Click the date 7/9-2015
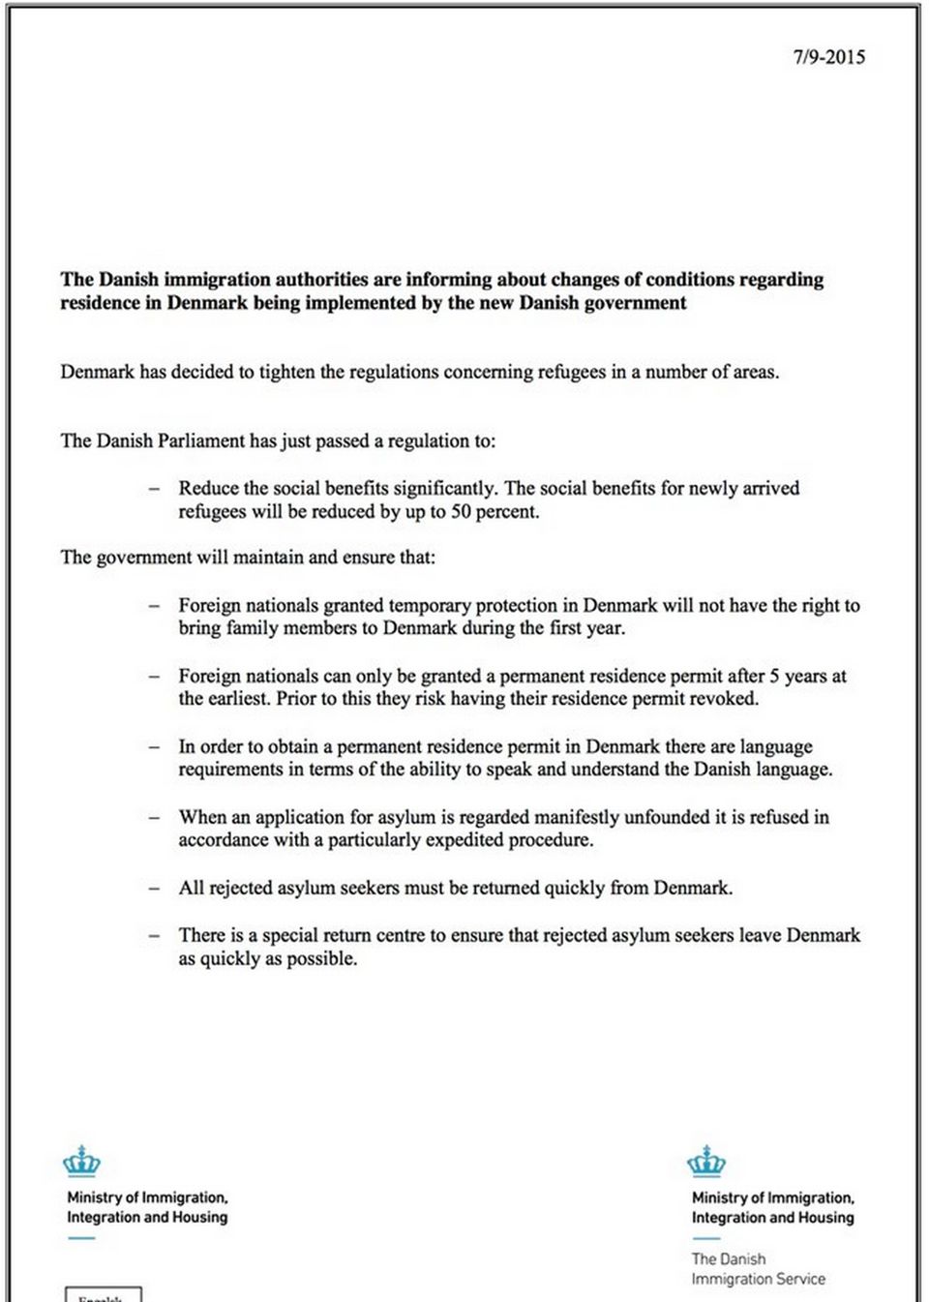pyautogui.click(x=828, y=57)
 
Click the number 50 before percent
pyautogui.click(x=462, y=512)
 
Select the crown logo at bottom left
pyautogui.click(x=81, y=1161)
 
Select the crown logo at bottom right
pyautogui.click(x=705, y=1161)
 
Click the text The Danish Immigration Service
pyautogui.click(x=758, y=1269)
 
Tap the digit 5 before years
pyautogui.click(x=774, y=676)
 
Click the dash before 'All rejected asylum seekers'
pyautogui.click(x=154, y=889)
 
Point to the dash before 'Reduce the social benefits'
pyautogui.click(x=154, y=489)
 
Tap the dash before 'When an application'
pyautogui.click(x=154, y=818)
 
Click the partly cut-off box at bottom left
pyautogui.click(x=104, y=1294)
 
